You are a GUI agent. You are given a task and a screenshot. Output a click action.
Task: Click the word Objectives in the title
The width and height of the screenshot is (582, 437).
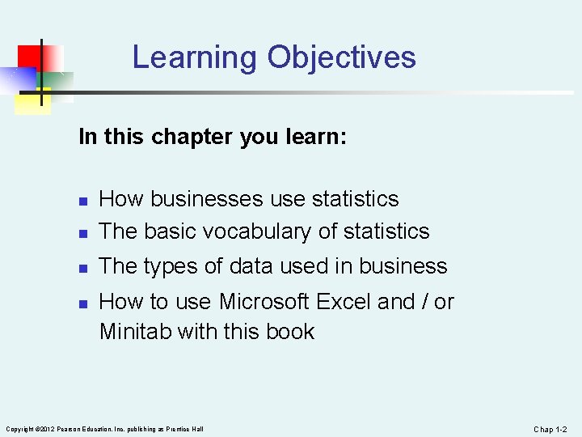pyautogui.click(x=342, y=57)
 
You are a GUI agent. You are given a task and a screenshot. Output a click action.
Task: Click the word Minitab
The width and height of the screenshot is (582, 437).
pyautogui.click(x=134, y=331)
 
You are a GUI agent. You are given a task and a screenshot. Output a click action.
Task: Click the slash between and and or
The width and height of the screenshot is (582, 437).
pyautogui.click(x=424, y=302)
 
